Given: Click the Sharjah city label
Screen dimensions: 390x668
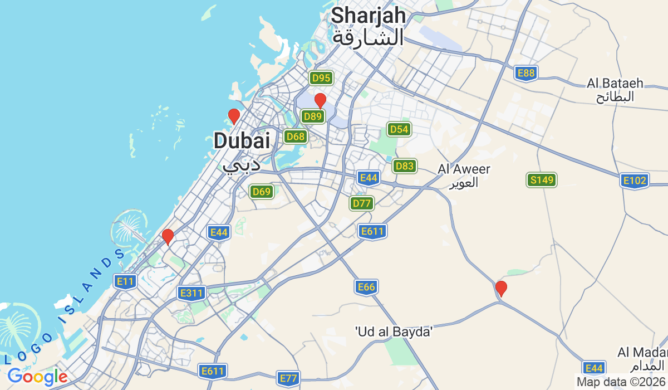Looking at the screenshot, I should tap(368, 26).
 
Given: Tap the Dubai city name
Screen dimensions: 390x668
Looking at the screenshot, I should tap(242, 149).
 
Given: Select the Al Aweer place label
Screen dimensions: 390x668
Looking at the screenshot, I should tap(464, 175).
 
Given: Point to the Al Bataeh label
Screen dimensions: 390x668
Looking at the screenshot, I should tap(615, 90).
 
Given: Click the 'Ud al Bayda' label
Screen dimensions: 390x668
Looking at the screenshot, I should tap(394, 332).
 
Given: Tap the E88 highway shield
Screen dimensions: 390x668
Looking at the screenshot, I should tap(525, 73).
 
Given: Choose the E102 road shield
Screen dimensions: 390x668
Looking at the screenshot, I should tap(635, 181).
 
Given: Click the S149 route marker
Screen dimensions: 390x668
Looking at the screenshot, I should tap(542, 180).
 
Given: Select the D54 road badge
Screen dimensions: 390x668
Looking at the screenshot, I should tap(399, 130).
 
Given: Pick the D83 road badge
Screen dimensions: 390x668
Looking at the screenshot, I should tap(404, 165).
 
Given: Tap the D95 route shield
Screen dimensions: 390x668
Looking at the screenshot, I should tap(321, 78).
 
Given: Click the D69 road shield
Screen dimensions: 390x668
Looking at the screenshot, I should tap(261, 192).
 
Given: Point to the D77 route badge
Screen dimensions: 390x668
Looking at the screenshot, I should tap(362, 203).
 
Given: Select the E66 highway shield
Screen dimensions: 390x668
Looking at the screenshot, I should tap(366, 287).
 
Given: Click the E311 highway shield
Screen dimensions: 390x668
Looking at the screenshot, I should tap(192, 292).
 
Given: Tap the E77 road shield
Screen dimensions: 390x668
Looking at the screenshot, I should tap(288, 379).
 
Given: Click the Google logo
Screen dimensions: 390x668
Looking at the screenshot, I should tap(37, 377).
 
